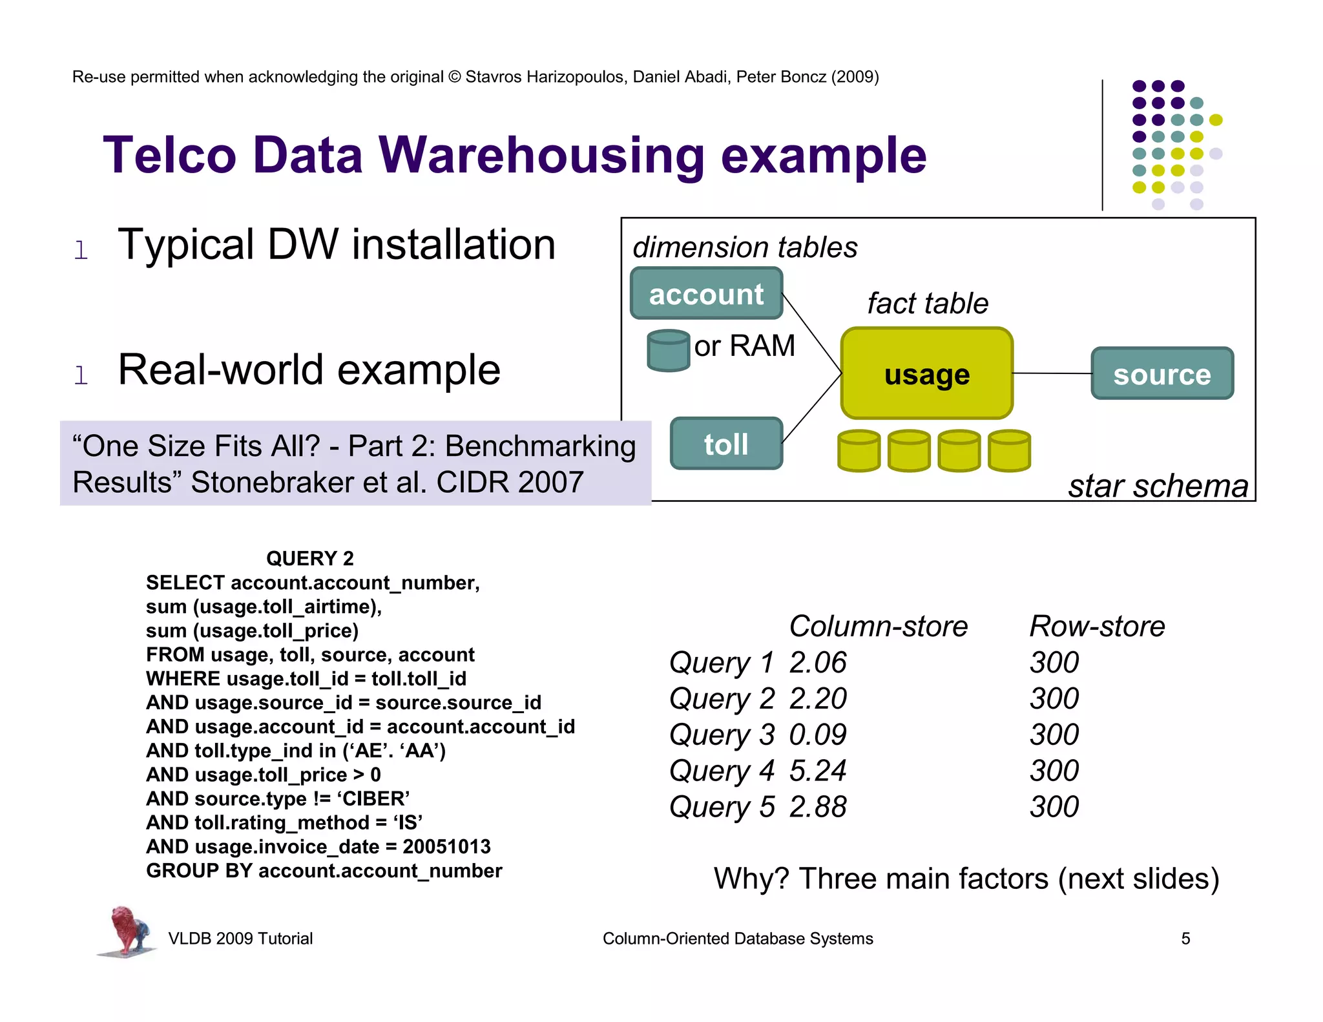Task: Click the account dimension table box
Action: tap(706, 294)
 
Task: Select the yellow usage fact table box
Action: tap(926, 373)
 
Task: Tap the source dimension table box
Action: tap(1162, 374)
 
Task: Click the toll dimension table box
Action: tap(726, 444)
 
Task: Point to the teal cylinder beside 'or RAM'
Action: tap(669, 351)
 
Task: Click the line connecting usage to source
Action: tap(1052, 373)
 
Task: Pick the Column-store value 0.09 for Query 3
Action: tap(817, 735)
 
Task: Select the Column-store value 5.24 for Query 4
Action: tap(817, 771)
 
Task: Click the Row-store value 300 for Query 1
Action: tap(1054, 662)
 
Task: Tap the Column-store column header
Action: tap(878, 626)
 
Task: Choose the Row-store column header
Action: tap(1097, 626)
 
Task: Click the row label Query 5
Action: tap(722, 807)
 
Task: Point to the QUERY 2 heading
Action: tap(309, 558)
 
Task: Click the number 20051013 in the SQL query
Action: tap(446, 846)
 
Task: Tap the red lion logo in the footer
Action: tap(127, 931)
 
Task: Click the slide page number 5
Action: tap(1185, 939)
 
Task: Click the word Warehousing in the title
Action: tap(541, 156)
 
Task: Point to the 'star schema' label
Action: tap(1158, 486)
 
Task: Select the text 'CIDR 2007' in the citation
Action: tap(510, 482)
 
